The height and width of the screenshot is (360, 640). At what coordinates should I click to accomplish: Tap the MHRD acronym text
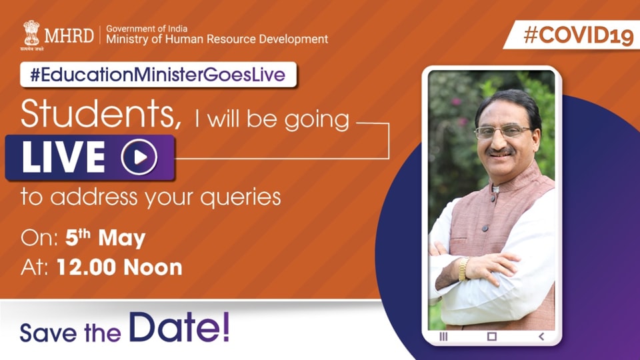[69, 35]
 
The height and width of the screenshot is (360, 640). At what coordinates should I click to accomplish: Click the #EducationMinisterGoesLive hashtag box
[158, 75]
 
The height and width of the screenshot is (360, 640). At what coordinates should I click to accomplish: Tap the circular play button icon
[139, 157]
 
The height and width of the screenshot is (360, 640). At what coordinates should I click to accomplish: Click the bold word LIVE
[64, 157]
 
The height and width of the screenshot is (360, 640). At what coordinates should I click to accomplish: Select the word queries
[241, 197]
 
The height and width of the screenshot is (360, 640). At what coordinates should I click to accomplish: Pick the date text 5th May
[105, 238]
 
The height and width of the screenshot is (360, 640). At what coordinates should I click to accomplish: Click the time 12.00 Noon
[119, 267]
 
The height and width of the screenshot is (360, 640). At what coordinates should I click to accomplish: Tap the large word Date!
[179, 328]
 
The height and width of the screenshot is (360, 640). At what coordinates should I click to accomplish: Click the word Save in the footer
[48, 333]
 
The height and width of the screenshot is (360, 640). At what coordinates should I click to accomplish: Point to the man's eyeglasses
[503, 131]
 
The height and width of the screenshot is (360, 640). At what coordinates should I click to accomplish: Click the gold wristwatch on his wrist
[463, 269]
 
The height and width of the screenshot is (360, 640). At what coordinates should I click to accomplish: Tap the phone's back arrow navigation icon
[541, 336]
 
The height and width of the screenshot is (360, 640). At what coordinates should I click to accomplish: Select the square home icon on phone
[492, 336]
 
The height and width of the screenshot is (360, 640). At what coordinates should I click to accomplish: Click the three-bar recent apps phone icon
[443, 336]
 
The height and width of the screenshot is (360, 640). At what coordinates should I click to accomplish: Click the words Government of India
[147, 29]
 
